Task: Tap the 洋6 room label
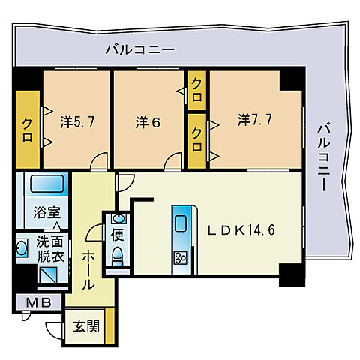pos(146,120)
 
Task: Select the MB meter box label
pos(35,303)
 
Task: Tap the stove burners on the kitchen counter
pos(181,259)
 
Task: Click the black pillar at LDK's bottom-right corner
pos(289,275)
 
